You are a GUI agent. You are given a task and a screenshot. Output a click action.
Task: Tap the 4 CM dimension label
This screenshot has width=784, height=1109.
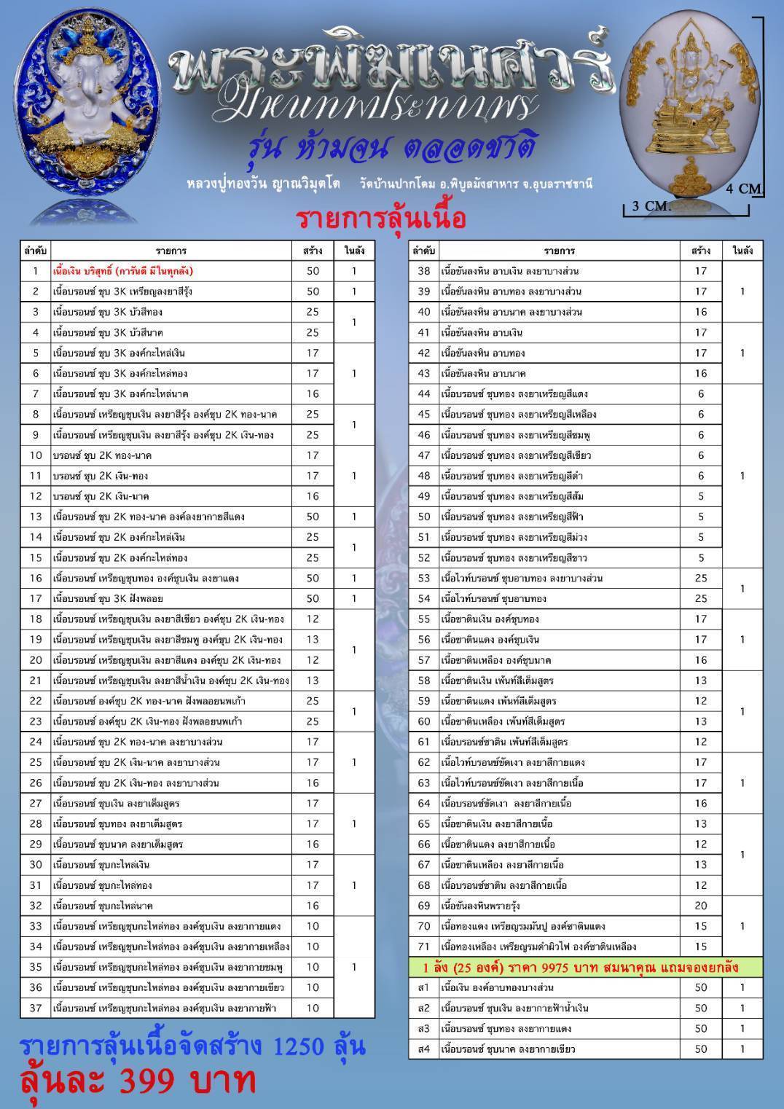743,189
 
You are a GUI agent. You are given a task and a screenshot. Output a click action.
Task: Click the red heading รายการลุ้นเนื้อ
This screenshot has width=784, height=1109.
380,219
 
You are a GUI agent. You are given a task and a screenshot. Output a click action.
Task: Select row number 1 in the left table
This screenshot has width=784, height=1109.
35,271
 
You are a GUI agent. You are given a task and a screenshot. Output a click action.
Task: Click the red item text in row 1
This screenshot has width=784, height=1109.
122,271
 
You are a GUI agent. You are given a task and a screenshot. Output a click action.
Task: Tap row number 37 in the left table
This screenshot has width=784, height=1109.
35,1008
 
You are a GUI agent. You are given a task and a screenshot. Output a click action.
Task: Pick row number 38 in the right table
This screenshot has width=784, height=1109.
424,271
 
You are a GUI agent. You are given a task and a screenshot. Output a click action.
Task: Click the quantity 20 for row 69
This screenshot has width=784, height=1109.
700,906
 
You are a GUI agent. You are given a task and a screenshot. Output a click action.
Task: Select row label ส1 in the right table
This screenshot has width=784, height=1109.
424,987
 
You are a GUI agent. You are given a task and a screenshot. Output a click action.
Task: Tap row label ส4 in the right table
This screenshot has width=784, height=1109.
424,1049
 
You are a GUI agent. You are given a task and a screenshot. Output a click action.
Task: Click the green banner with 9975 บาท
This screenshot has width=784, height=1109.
584,968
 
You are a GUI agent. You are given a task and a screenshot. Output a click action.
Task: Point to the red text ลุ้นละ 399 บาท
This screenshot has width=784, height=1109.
137,1081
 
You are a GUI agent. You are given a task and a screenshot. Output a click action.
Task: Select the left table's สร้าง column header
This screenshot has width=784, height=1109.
313,251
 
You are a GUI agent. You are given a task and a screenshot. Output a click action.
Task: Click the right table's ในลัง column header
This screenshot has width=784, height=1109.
742,251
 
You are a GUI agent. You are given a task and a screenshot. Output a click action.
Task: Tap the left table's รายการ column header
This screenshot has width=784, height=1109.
170,251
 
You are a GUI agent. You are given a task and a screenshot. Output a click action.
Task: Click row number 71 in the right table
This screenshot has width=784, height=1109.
424,947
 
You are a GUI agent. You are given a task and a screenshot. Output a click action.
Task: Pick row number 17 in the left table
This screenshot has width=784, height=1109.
35,598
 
